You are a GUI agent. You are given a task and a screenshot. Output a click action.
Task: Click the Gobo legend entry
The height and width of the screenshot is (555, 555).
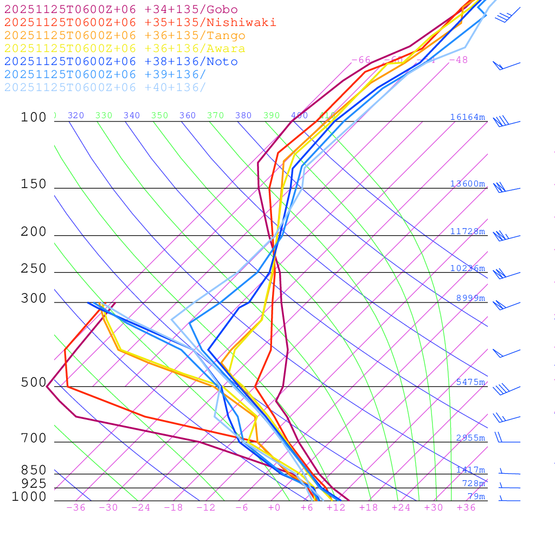[121, 9]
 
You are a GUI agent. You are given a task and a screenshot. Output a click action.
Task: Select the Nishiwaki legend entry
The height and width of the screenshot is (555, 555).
[140, 22]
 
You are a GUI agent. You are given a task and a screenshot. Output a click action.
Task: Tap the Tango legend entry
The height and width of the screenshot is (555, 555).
[125, 36]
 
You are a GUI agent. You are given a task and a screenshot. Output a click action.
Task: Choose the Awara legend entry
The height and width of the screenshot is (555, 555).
[125, 49]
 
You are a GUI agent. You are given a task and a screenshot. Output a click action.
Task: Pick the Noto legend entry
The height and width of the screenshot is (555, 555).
[121, 62]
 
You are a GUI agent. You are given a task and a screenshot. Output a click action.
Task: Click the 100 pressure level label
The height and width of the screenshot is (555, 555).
[34, 117]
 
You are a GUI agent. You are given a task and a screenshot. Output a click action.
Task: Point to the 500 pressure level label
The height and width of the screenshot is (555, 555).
[34, 383]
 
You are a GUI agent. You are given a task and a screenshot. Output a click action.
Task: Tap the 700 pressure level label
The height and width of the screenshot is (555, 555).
[34, 438]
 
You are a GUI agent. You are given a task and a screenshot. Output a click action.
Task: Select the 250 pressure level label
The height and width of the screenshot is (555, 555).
[34, 269]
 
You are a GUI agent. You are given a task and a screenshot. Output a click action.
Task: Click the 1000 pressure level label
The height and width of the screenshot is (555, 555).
[29, 497]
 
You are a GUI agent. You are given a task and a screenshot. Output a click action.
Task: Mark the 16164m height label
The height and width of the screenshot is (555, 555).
[468, 117]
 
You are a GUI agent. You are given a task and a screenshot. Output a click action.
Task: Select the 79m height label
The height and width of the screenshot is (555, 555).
[476, 496]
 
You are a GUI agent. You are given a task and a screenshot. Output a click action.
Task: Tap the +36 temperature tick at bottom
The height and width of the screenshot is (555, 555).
[466, 508]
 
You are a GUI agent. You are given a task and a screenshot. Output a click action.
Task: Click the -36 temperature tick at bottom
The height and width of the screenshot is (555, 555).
[75, 508]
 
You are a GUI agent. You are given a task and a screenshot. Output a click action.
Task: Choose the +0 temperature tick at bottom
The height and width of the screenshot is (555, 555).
[274, 508]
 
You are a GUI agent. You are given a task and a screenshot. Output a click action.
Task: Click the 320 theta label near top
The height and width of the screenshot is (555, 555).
[76, 115]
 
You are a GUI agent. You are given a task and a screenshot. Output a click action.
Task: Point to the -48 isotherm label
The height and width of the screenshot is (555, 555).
[458, 60]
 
